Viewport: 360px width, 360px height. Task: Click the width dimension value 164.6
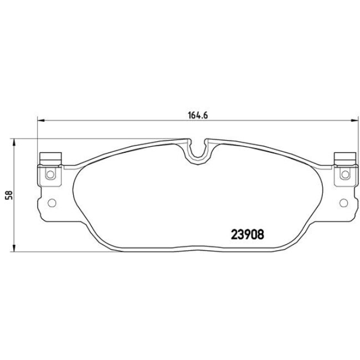click(x=193, y=116)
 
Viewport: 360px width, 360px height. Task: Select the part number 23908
click(x=246, y=234)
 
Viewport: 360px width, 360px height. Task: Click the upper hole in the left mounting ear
click(x=52, y=176)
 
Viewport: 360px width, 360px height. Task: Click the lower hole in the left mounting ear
click(x=52, y=202)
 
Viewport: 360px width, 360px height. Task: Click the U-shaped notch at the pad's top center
click(x=197, y=151)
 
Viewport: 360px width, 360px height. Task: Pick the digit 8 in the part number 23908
click(x=260, y=234)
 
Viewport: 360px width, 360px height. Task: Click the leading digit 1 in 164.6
click(x=184, y=116)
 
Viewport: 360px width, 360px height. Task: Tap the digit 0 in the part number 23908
click(x=253, y=234)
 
